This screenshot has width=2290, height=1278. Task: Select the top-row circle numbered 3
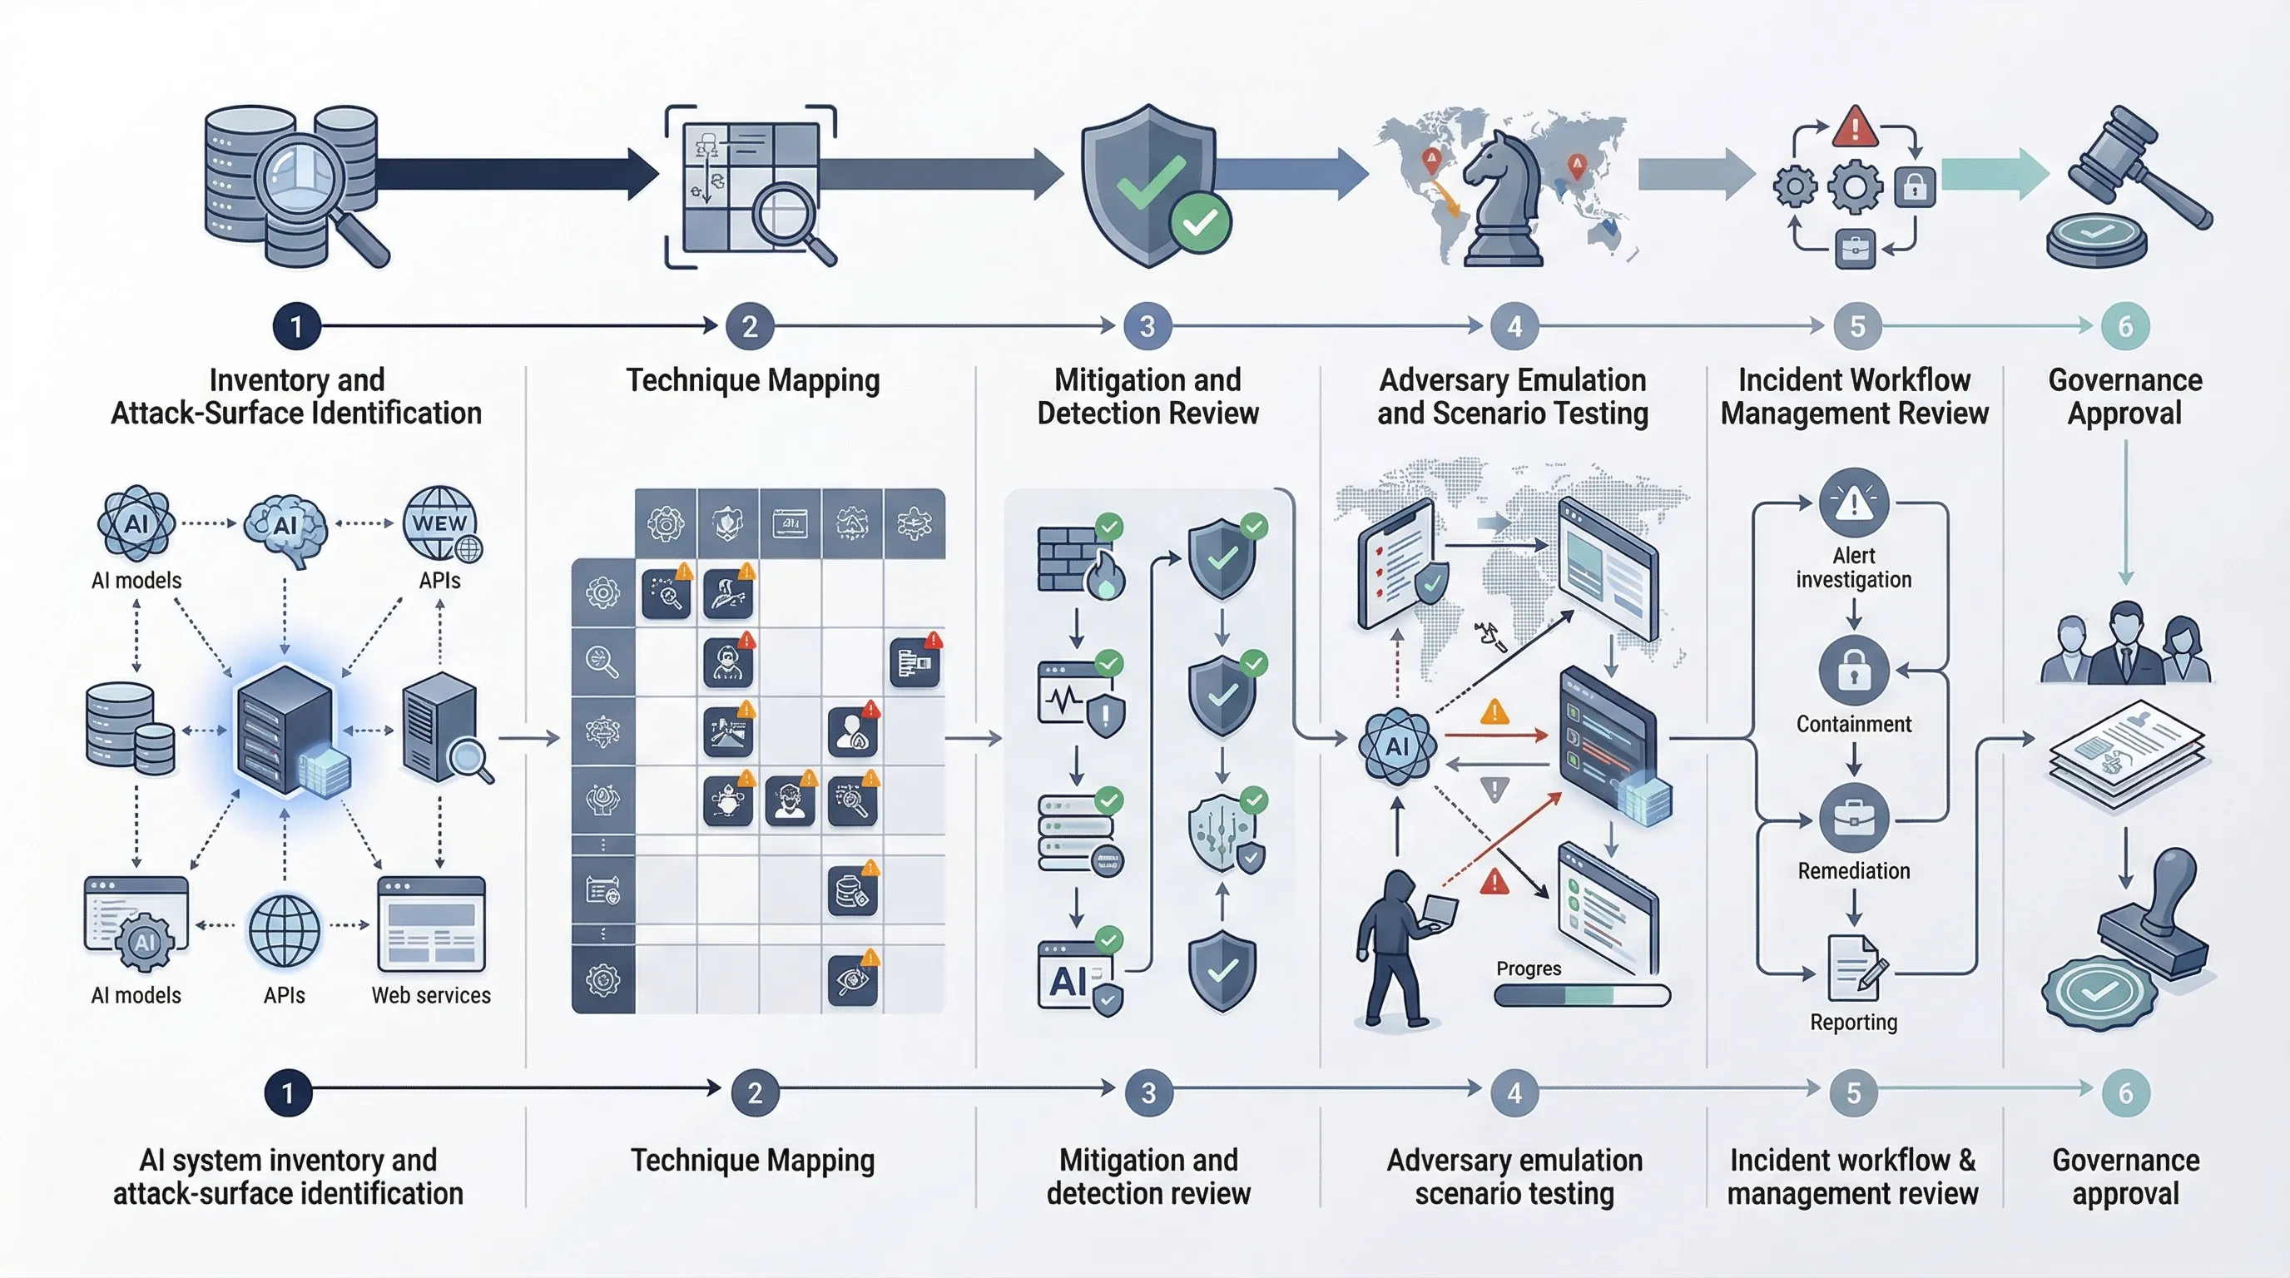(1147, 327)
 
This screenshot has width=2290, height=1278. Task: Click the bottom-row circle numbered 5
(1853, 1093)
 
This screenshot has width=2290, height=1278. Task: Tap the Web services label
(431, 995)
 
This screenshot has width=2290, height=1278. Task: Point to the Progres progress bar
(1583, 995)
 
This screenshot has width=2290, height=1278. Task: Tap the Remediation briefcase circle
(1853, 819)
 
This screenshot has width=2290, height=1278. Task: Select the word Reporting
(1853, 1022)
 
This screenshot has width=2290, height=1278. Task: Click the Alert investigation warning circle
(1853, 503)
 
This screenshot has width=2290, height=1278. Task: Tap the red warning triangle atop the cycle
(1855, 127)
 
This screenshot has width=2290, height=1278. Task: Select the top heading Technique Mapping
(753, 380)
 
